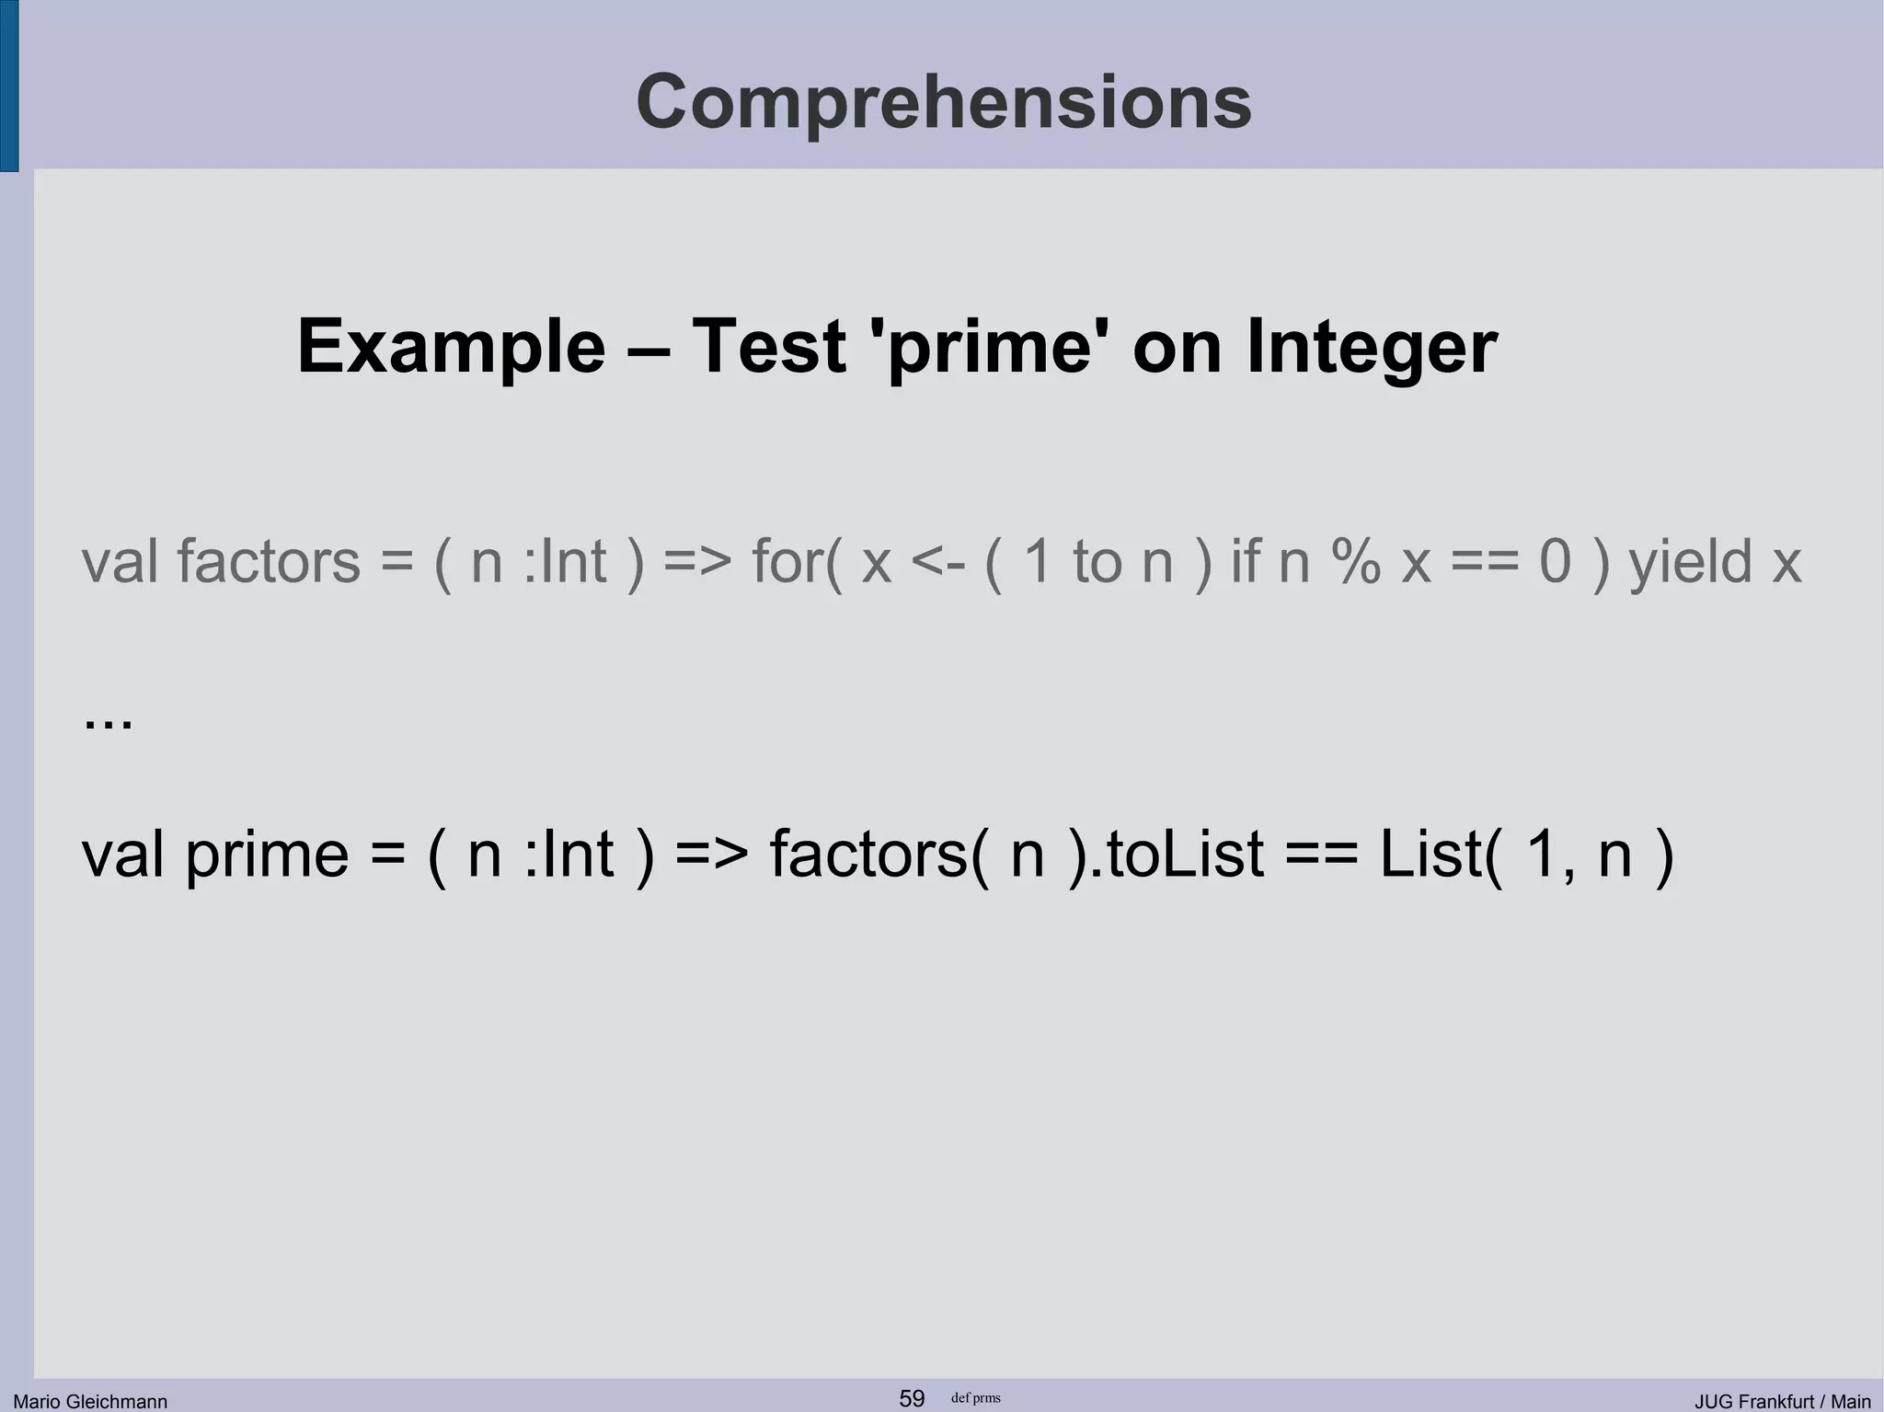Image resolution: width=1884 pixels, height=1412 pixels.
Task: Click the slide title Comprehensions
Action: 943,102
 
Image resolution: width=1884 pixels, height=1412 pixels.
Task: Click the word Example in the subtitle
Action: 451,347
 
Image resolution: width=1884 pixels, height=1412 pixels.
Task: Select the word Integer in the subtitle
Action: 1372,347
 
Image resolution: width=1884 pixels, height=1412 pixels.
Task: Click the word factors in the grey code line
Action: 268,561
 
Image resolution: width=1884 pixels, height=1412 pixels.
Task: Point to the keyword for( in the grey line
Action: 796,561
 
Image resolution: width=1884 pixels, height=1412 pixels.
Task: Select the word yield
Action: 1691,561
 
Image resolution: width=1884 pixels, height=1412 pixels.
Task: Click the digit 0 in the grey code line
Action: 1556,561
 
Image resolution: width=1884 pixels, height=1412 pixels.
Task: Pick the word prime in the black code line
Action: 267,855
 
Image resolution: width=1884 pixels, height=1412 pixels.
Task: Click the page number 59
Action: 912,1398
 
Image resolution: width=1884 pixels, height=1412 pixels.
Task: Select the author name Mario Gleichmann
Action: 90,1401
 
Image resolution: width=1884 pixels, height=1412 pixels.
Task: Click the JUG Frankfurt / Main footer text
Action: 1783,1401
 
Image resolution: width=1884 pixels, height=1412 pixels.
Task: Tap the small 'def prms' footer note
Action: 975,1398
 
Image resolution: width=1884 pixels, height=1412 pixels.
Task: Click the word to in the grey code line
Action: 1097,561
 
